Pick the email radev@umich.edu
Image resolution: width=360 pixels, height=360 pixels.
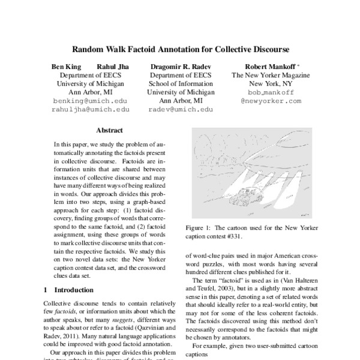tap(181, 110)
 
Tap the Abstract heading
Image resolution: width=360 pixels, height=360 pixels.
tap(109, 130)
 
